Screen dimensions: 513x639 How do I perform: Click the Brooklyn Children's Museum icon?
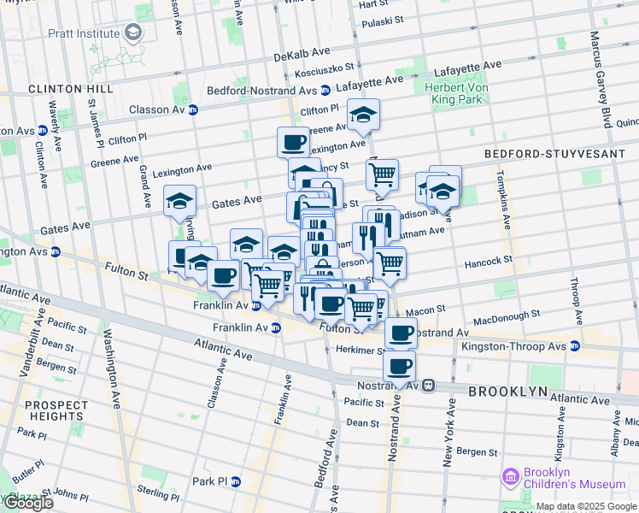(x=511, y=475)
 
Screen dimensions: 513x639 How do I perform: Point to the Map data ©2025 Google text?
(x=587, y=506)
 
